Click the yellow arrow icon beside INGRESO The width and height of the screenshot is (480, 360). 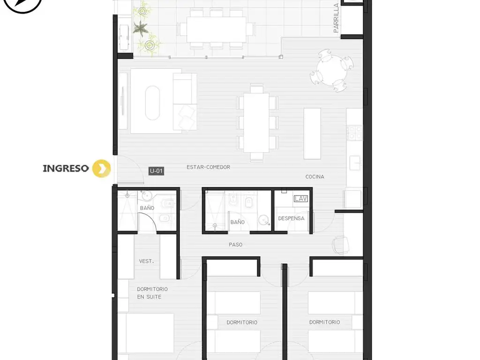point(102,168)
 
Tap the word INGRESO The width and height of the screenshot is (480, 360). point(66,168)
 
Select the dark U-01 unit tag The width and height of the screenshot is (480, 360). point(157,171)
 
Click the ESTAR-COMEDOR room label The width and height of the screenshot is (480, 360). point(209,167)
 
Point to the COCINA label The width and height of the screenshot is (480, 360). point(315,177)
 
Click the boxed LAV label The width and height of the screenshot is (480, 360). point(300,199)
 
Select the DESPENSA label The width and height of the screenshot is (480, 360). point(291,218)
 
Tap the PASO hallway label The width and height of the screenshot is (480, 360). point(236,245)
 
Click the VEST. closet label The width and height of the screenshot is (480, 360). point(146,261)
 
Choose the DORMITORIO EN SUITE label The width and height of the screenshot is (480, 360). point(152,293)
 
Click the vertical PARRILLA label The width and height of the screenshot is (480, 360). point(336,18)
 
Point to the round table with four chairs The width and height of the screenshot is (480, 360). point(331,70)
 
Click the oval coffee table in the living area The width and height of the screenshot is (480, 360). point(152,103)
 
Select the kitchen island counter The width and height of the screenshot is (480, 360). point(312,134)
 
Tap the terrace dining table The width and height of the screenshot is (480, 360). point(217,30)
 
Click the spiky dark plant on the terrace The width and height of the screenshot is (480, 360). point(141,28)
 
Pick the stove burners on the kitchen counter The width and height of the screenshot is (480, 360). point(354,133)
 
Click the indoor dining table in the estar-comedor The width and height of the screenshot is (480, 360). point(256,122)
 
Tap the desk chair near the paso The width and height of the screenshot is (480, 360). point(341,245)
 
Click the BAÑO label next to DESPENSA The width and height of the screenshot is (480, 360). point(238,222)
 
